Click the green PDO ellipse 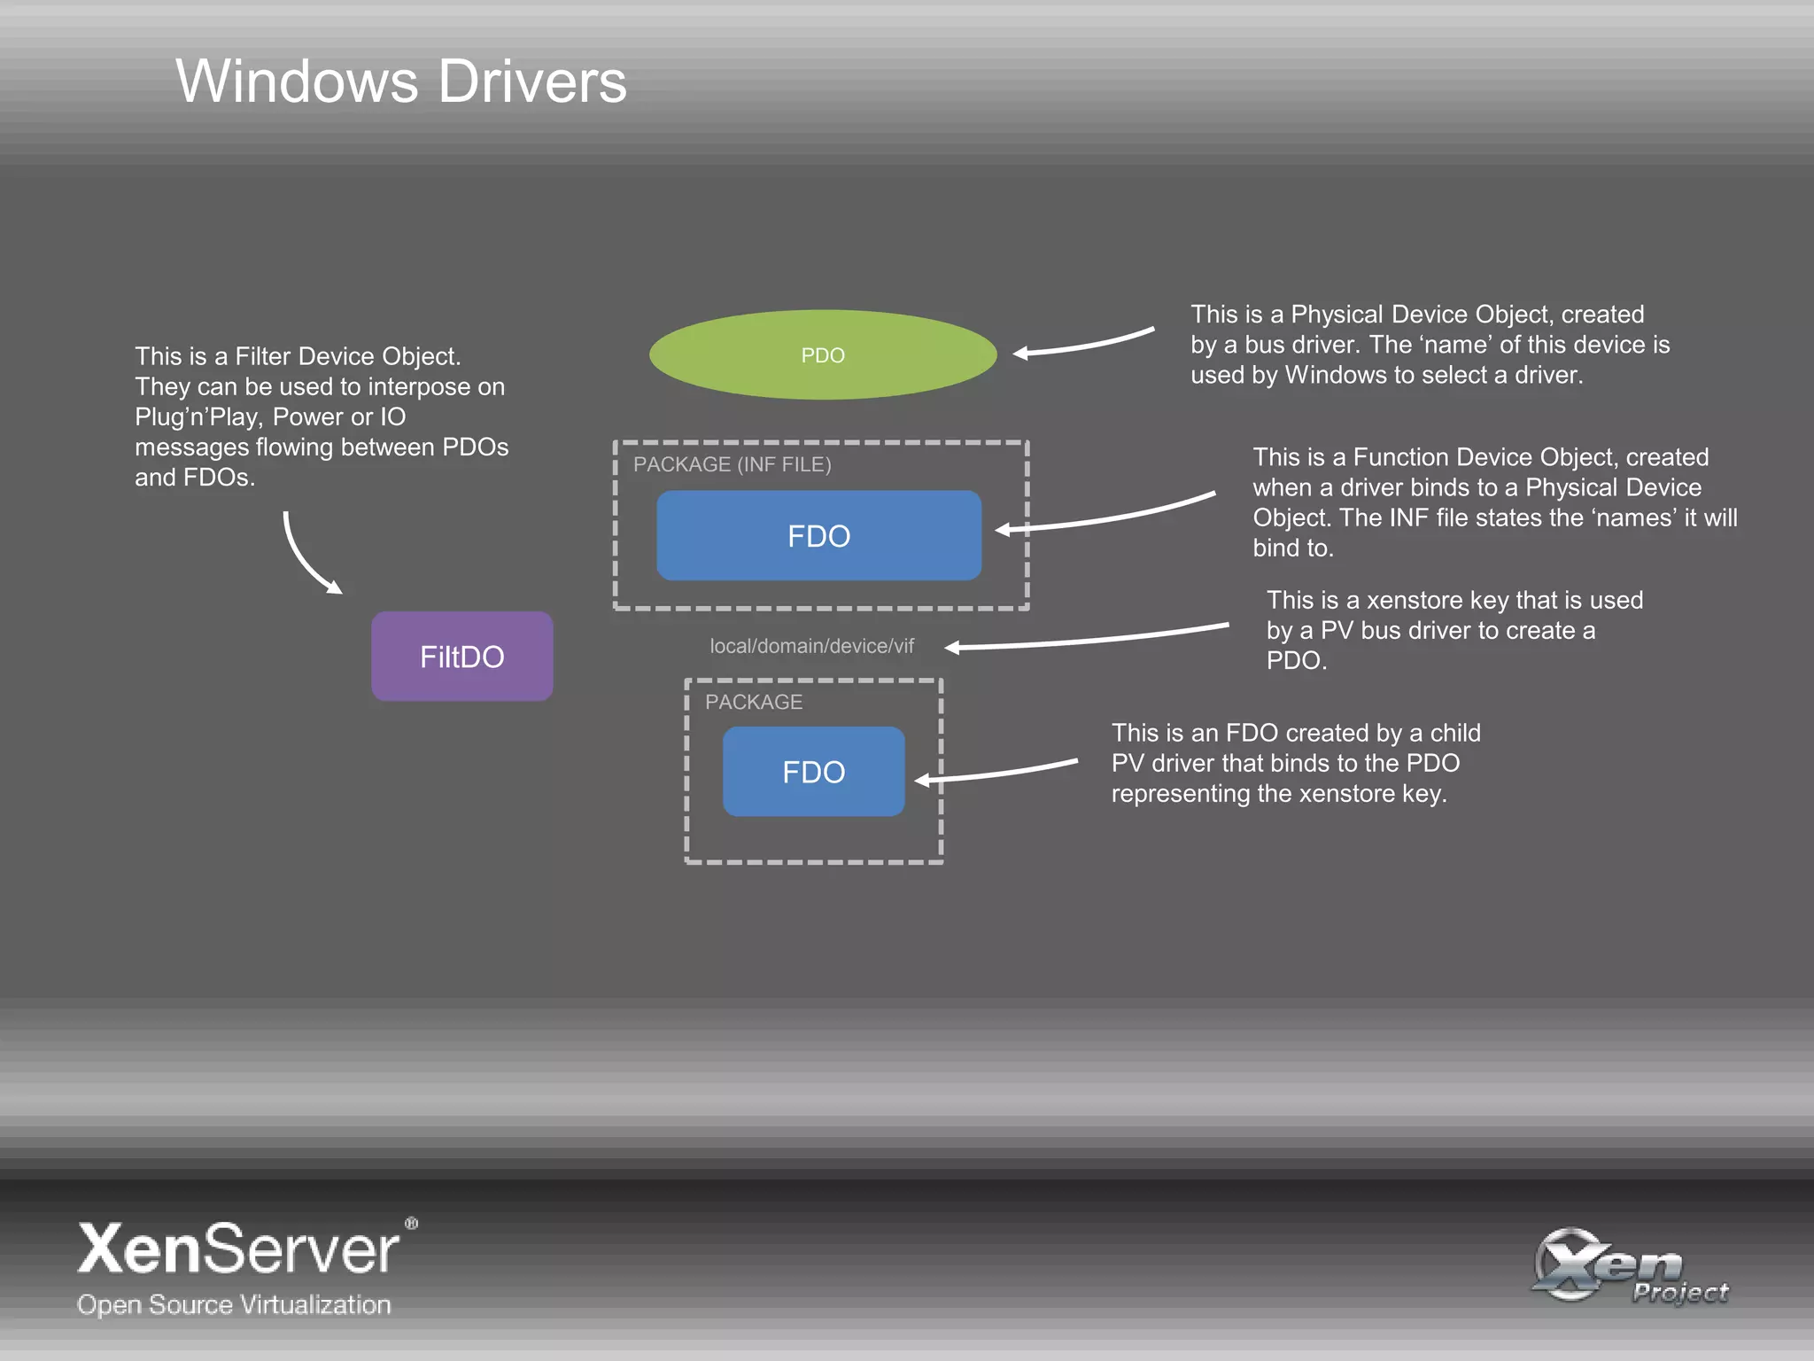click(823, 354)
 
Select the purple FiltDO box click(461, 657)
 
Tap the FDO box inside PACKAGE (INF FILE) click(818, 536)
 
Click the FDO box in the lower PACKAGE click(813, 772)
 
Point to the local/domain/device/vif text click(811, 646)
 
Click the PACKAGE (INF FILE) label click(732, 464)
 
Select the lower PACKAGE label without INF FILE click(753, 702)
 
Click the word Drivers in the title click(532, 82)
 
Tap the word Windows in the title click(297, 82)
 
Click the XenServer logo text click(238, 1249)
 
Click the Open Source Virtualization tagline click(234, 1304)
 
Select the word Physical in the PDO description click(1337, 315)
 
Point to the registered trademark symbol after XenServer click(411, 1224)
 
